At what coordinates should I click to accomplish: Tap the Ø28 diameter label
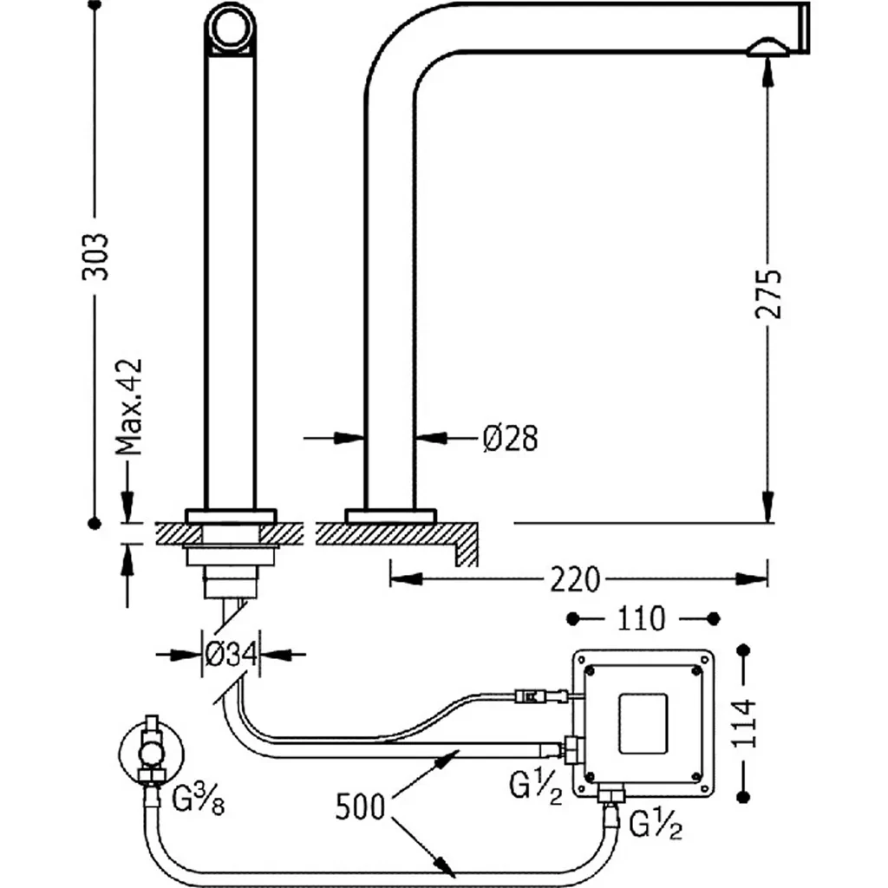(510, 439)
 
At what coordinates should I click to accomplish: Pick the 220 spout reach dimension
(574, 578)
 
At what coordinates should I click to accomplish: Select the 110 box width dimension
(642, 618)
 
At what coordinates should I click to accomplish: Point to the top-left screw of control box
(591, 670)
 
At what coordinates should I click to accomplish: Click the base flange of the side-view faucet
(389, 515)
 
